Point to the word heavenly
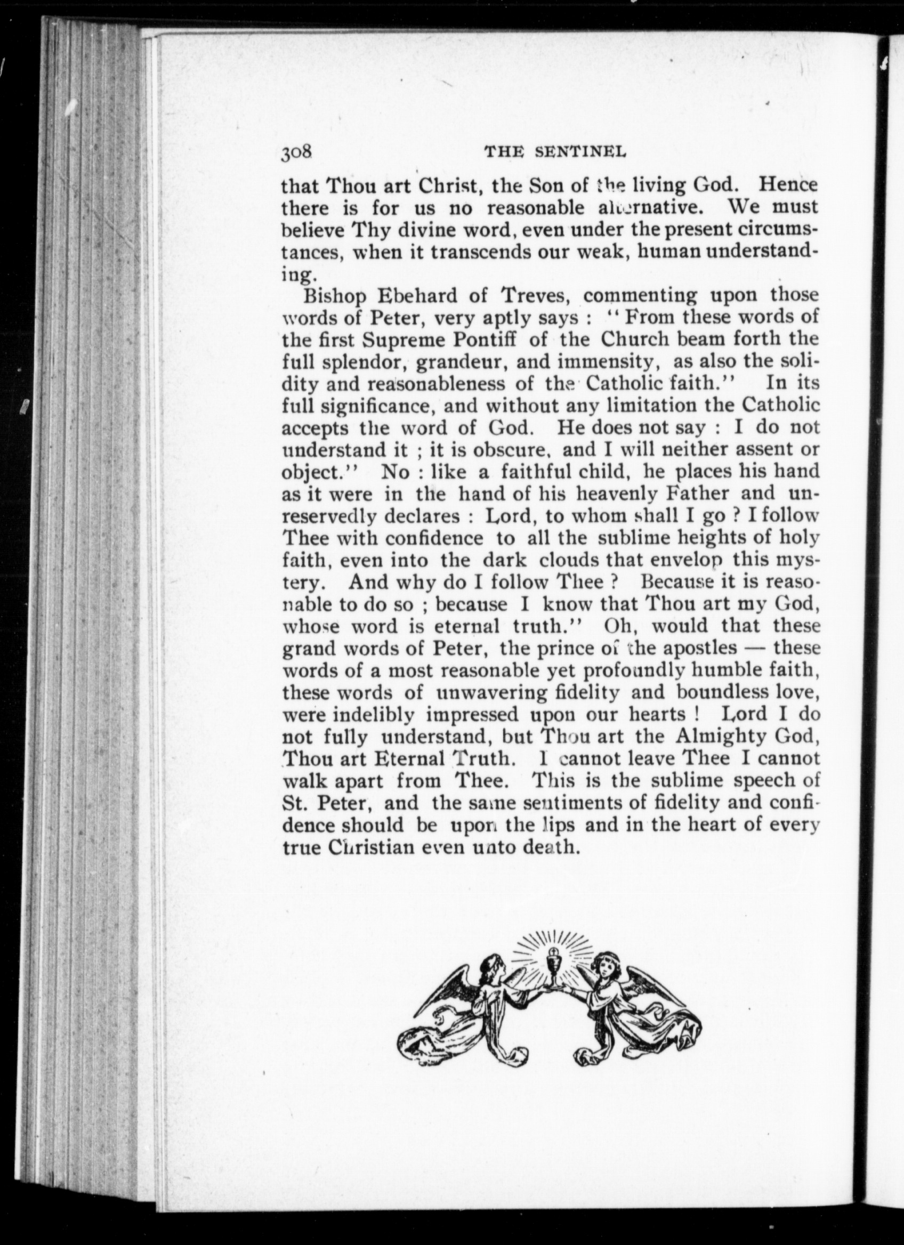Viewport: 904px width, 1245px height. point(612,494)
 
